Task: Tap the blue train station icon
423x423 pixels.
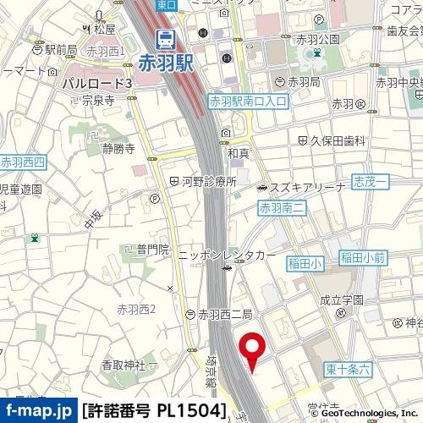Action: pyautogui.click(x=165, y=39)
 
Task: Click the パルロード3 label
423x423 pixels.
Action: pyautogui.click(x=96, y=84)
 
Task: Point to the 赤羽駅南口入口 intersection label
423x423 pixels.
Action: pyautogui.click(x=248, y=101)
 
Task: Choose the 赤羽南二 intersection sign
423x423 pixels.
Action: pyautogui.click(x=280, y=207)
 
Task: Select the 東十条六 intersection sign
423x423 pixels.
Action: pyautogui.click(x=348, y=368)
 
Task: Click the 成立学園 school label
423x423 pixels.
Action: pyautogui.click(x=347, y=300)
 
